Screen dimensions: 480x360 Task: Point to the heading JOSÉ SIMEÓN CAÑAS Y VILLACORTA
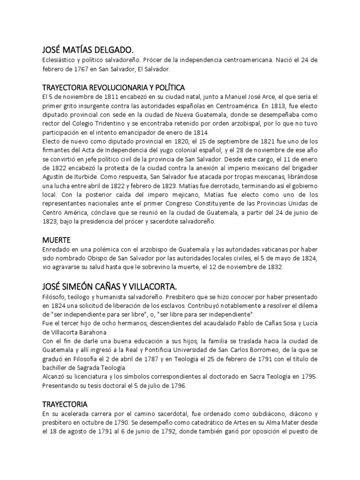(116, 286)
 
